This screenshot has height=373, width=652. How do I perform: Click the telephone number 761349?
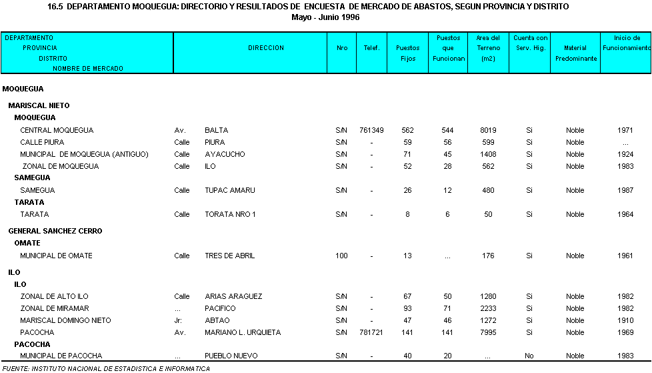371,130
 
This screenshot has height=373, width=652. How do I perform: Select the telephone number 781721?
371,332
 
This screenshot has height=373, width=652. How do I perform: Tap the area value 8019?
488,130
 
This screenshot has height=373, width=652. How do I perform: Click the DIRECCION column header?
266,48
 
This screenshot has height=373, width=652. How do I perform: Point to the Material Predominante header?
575,53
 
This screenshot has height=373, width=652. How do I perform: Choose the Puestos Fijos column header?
408,53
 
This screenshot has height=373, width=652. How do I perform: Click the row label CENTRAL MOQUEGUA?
57,130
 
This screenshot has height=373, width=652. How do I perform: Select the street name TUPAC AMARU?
230,190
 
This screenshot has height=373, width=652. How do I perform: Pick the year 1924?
625,154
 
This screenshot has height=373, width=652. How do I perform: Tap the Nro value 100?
342,256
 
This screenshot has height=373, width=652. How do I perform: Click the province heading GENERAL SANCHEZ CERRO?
55,231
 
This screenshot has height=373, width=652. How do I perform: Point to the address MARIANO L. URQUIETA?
243,332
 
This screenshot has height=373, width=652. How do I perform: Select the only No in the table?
529,356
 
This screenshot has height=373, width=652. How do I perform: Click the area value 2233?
488,308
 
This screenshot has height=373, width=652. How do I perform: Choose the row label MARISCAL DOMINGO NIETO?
65,320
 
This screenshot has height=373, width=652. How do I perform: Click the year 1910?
625,320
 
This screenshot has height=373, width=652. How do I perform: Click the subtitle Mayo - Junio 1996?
326,17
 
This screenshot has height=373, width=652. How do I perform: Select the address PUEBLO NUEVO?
231,356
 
